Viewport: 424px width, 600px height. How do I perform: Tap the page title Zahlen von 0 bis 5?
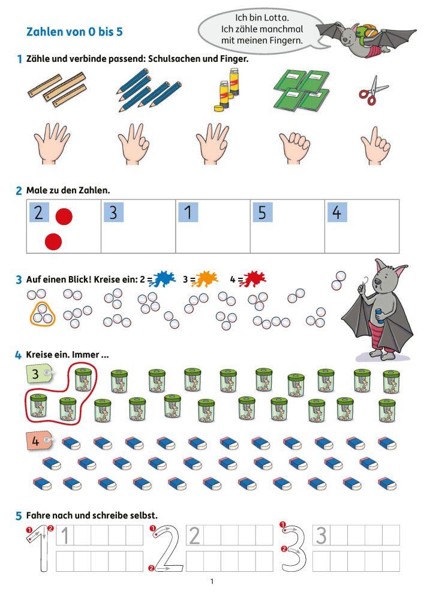click(74, 32)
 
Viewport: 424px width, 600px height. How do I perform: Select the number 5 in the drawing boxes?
click(262, 212)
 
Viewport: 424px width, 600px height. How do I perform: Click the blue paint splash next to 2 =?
click(163, 279)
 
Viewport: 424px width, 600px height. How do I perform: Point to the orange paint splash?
click(207, 279)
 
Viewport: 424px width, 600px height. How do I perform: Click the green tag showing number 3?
click(38, 373)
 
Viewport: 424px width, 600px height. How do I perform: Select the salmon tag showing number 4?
click(38, 440)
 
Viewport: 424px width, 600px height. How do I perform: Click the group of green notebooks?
click(302, 91)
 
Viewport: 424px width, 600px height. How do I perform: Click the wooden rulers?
click(58, 91)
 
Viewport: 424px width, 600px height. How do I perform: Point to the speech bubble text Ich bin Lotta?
click(262, 17)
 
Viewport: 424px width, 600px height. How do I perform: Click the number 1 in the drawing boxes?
click(188, 212)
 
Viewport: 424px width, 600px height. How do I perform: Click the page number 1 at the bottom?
click(212, 581)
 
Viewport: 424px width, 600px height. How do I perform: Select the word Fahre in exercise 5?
click(38, 515)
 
